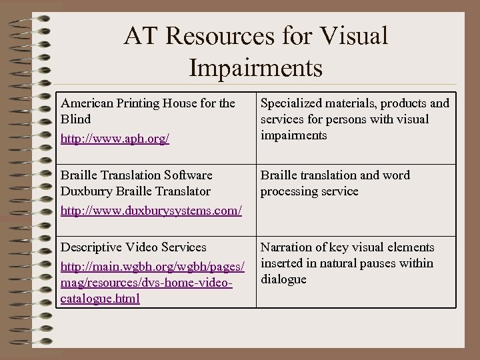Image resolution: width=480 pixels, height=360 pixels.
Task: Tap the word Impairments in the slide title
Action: click(255, 67)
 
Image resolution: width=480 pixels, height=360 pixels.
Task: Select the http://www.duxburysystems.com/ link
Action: click(151, 211)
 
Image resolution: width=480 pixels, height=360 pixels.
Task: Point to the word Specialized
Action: click(291, 103)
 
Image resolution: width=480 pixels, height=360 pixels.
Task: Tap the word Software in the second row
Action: click(185, 175)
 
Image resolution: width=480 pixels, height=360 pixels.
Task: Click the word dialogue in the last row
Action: click(283, 279)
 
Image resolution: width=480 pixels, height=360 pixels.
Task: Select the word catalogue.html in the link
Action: click(100, 299)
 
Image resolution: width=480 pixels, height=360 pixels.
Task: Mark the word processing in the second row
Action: click(290, 191)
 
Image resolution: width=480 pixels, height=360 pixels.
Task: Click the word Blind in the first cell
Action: click(75, 119)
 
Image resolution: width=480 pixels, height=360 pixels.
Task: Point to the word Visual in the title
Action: click(354, 37)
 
